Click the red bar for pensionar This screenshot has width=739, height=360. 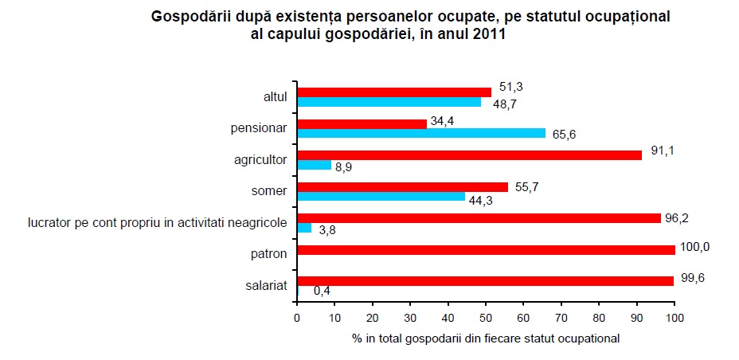point(362,123)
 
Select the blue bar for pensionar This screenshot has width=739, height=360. point(421,133)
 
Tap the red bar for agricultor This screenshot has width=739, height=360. point(469,155)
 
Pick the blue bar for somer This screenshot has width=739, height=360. point(381,197)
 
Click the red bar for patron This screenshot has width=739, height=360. point(486,250)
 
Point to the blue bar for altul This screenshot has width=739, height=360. point(389,102)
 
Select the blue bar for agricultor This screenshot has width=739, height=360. point(314,165)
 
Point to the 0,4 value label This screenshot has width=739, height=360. point(322,292)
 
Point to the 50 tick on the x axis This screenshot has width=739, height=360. point(486,319)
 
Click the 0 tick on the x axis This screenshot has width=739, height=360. point(297,319)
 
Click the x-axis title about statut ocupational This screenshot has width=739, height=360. point(486,338)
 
